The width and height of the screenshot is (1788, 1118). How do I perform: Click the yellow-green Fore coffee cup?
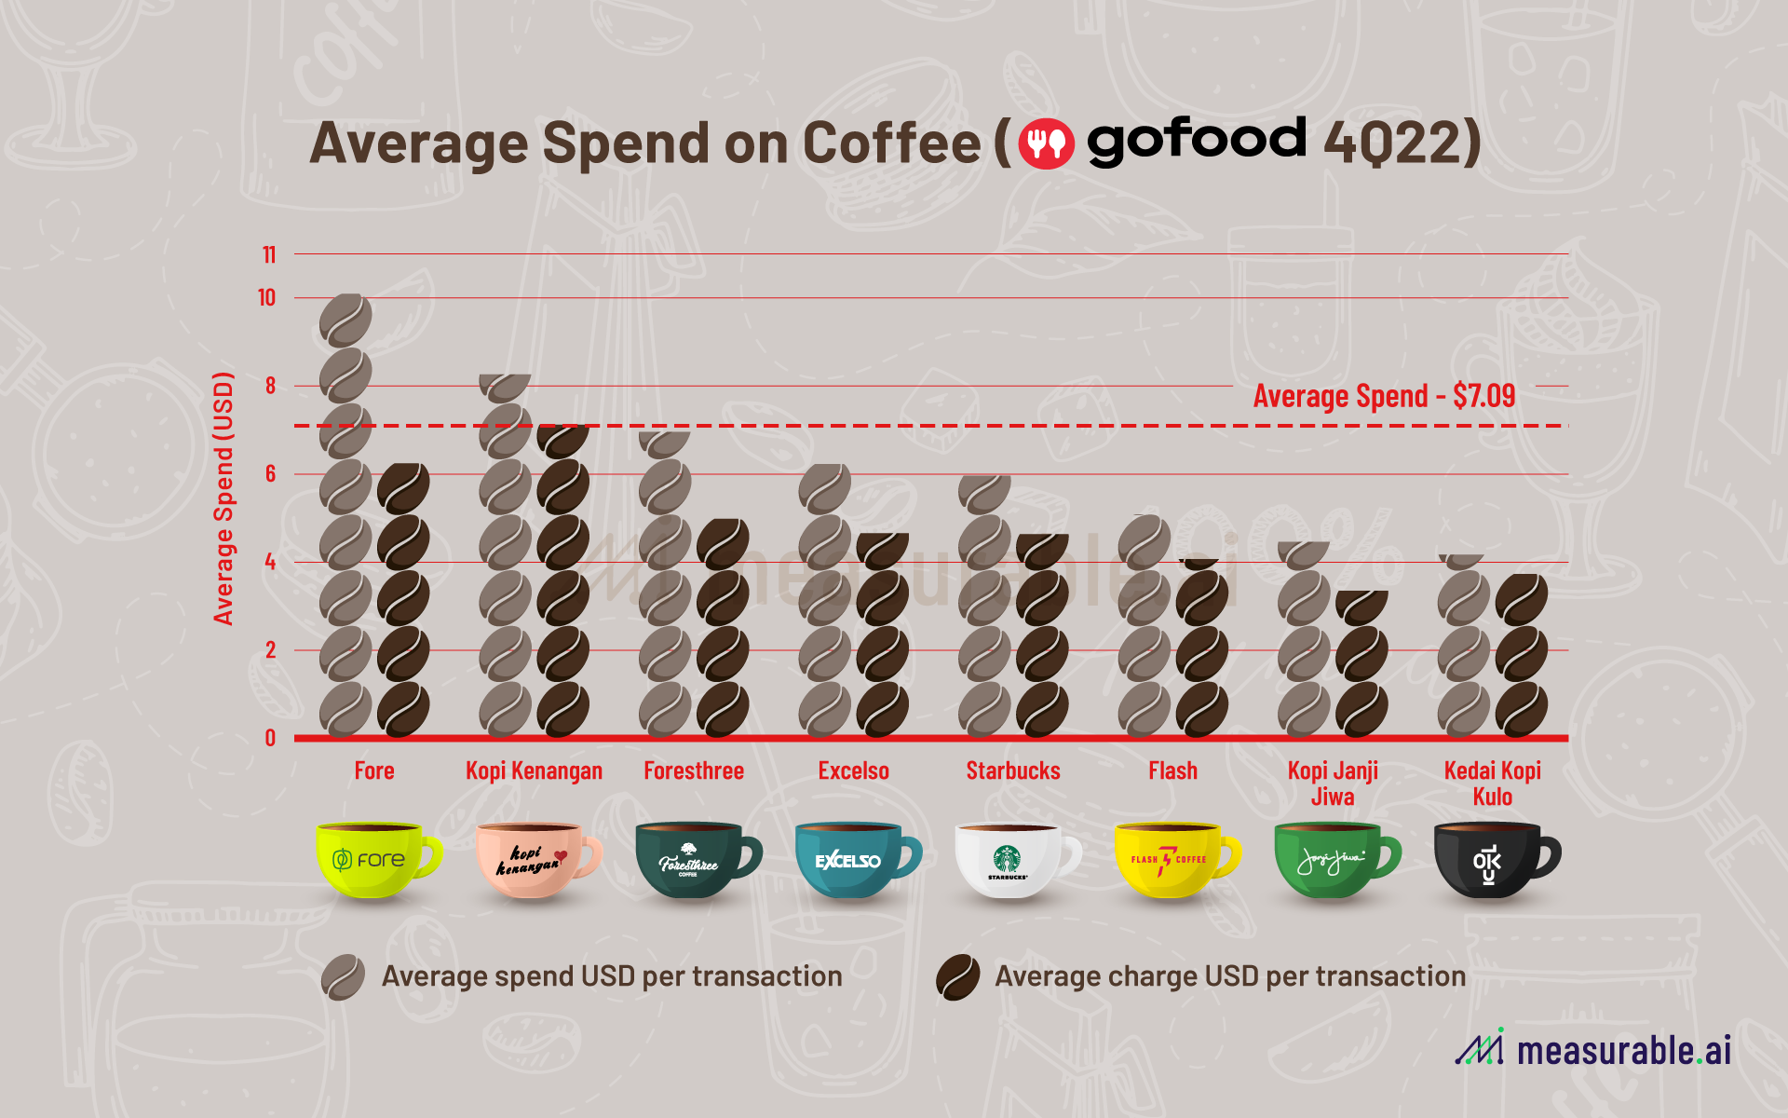pos(372,859)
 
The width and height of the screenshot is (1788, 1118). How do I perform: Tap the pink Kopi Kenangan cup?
pos(533,859)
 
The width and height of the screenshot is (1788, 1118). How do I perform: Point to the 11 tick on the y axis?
pos(269,254)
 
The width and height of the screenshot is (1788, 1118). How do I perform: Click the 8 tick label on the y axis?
pos(270,386)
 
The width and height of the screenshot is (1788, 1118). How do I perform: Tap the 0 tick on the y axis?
pos(270,738)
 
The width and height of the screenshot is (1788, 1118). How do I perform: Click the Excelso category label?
pos(853,771)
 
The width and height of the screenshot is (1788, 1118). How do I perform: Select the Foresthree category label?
pos(694,771)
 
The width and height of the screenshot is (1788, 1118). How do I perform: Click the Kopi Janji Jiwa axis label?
pos(1333,784)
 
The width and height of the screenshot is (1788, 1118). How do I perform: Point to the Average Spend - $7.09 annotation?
pos(1384,396)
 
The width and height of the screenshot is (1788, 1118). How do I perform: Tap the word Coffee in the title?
pos(891,143)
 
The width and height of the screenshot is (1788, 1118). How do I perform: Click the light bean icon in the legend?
pos(343,977)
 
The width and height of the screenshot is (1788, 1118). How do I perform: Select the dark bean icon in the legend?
pos(957,977)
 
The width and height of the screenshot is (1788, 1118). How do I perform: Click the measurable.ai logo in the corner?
pos(1593,1049)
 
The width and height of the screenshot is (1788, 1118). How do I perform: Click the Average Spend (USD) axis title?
pos(223,498)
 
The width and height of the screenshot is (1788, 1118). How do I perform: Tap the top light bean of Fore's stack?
pos(345,320)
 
